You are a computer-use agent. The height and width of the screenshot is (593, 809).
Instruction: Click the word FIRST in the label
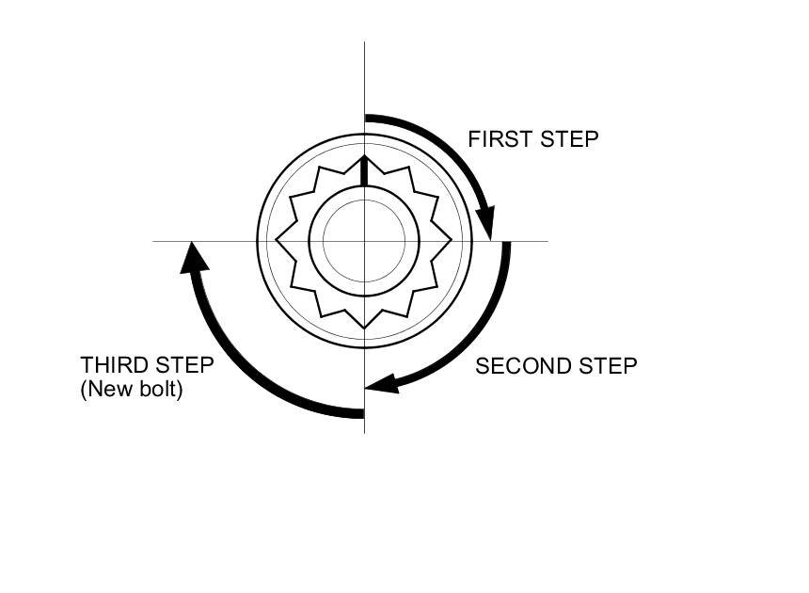click(x=498, y=139)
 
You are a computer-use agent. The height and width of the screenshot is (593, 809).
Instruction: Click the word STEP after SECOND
click(x=606, y=366)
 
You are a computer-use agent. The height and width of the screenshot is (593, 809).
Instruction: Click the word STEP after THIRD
click(x=183, y=365)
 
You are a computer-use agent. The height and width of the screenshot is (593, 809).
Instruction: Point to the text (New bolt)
click(x=132, y=388)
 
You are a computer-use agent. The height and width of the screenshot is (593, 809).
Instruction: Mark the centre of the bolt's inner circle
click(x=364, y=241)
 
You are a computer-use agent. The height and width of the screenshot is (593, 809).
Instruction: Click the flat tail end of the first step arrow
click(x=367, y=119)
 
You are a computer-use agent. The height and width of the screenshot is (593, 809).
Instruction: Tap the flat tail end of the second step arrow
click(x=506, y=244)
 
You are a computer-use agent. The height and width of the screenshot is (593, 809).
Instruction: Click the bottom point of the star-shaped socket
click(x=364, y=328)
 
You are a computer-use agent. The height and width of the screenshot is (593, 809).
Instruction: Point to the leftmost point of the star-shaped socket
click(x=277, y=241)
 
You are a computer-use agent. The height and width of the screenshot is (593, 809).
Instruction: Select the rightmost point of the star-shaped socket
click(x=452, y=241)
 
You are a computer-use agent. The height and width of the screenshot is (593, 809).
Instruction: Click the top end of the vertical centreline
click(x=364, y=43)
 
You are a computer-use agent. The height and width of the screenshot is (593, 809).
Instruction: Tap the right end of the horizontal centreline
click(x=547, y=241)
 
